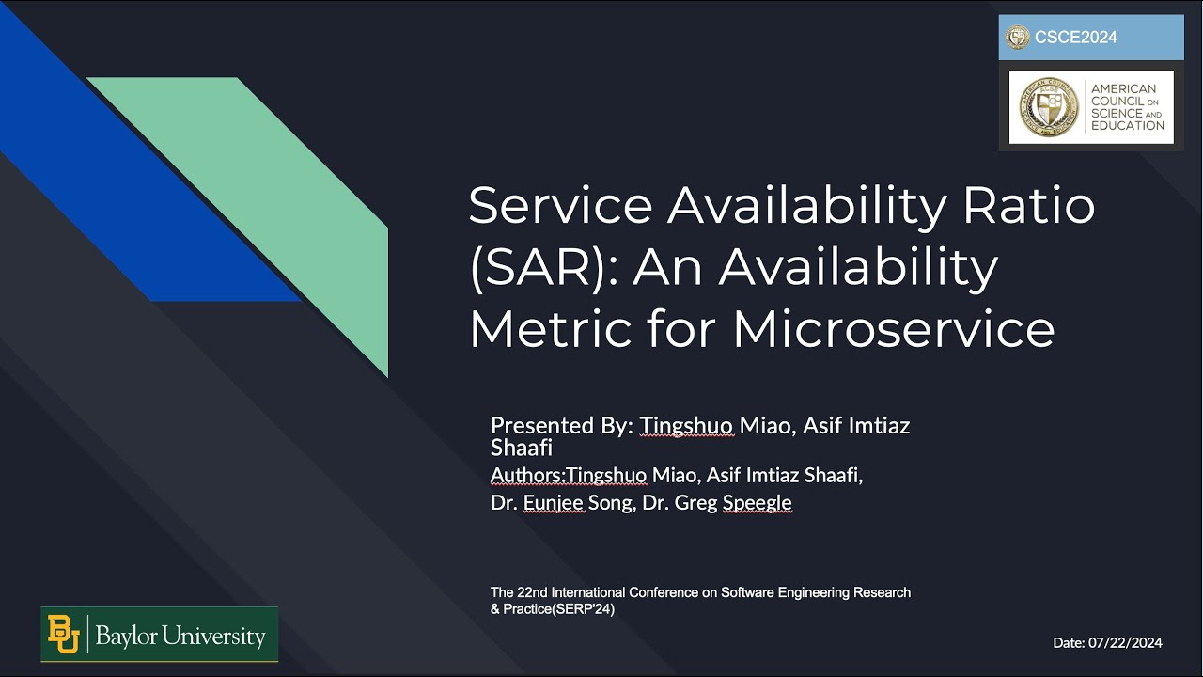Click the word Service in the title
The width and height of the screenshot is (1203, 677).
click(x=560, y=206)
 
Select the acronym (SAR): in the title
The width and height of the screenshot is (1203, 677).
click(x=542, y=268)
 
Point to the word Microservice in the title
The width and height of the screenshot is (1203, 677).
click(x=893, y=329)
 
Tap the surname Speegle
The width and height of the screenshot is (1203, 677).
click(x=757, y=503)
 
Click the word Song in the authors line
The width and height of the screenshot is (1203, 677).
click(x=610, y=503)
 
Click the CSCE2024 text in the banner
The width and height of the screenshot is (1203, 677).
click(x=1076, y=39)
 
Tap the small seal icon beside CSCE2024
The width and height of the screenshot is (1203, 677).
click(x=1018, y=38)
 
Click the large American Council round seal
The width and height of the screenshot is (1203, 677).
click(x=1048, y=107)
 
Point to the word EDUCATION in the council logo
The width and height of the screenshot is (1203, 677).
click(x=1127, y=126)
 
